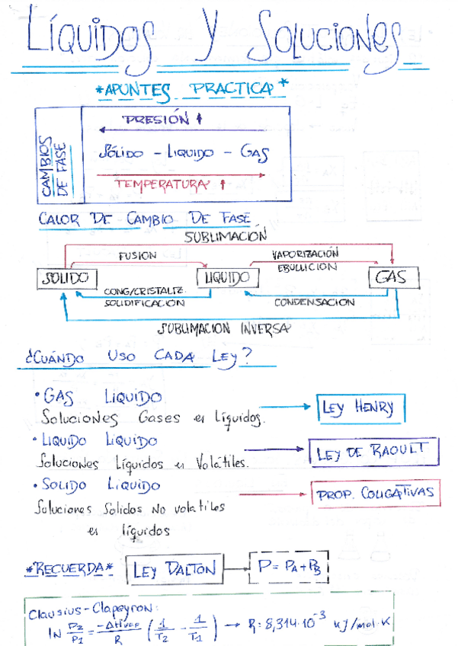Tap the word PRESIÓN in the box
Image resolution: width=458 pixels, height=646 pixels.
click(156, 120)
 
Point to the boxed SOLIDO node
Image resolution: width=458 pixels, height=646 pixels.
click(66, 279)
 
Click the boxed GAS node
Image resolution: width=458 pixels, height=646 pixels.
click(389, 278)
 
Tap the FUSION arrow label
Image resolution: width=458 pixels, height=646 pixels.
click(137, 256)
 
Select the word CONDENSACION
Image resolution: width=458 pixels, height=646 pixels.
click(314, 302)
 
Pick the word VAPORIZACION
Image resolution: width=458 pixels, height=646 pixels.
click(305, 253)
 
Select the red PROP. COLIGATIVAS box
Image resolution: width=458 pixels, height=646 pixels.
click(374, 493)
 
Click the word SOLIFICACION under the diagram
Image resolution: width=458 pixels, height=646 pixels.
click(145, 303)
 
